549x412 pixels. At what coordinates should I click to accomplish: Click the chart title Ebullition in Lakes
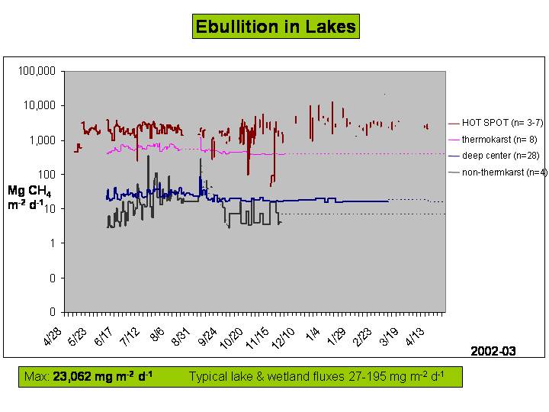coord(276,27)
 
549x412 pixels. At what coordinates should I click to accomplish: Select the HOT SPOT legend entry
coord(496,123)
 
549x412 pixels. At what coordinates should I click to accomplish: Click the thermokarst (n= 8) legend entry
coord(493,140)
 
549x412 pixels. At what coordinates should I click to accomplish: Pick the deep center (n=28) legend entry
coord(493,156)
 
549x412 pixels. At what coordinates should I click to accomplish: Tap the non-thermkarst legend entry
coord(497,172)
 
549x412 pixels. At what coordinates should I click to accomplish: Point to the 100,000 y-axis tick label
coord(37,71)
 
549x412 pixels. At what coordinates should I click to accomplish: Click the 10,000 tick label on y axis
coord(40,105)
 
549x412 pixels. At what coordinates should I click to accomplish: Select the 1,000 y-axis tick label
coord(43,140)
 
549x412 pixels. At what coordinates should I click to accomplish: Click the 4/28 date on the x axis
coord(52,336)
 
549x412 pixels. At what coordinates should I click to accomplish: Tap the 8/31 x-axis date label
coord(181,336)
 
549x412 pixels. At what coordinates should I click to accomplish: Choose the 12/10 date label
coord(283,339)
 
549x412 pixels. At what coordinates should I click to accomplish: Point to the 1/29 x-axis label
coord(335,336)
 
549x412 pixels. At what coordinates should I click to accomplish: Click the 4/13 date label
coord(414,336)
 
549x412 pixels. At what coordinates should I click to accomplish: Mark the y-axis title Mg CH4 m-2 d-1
coord(30,198)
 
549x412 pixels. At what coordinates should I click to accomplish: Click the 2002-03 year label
coord(493,351)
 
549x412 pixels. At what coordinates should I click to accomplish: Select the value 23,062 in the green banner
coord(72,377)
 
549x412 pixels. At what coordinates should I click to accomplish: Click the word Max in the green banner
coord(37,377)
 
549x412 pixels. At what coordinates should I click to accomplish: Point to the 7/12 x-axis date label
coord(129,336)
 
